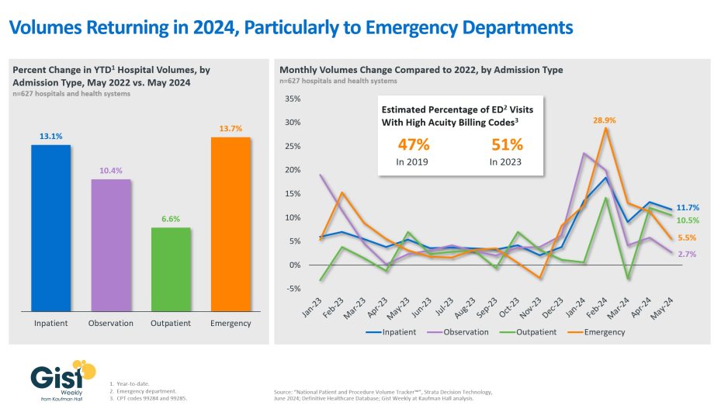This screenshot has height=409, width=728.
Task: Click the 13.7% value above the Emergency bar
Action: pos(231,129)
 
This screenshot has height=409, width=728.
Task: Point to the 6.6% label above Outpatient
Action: pos(171,220)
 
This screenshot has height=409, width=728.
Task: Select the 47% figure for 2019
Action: pos(414,144)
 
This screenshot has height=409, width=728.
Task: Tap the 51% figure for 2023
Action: pos(507,144)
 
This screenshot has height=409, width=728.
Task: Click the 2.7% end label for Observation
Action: pos(685,254)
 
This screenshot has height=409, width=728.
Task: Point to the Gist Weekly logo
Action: pos(63,381)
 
